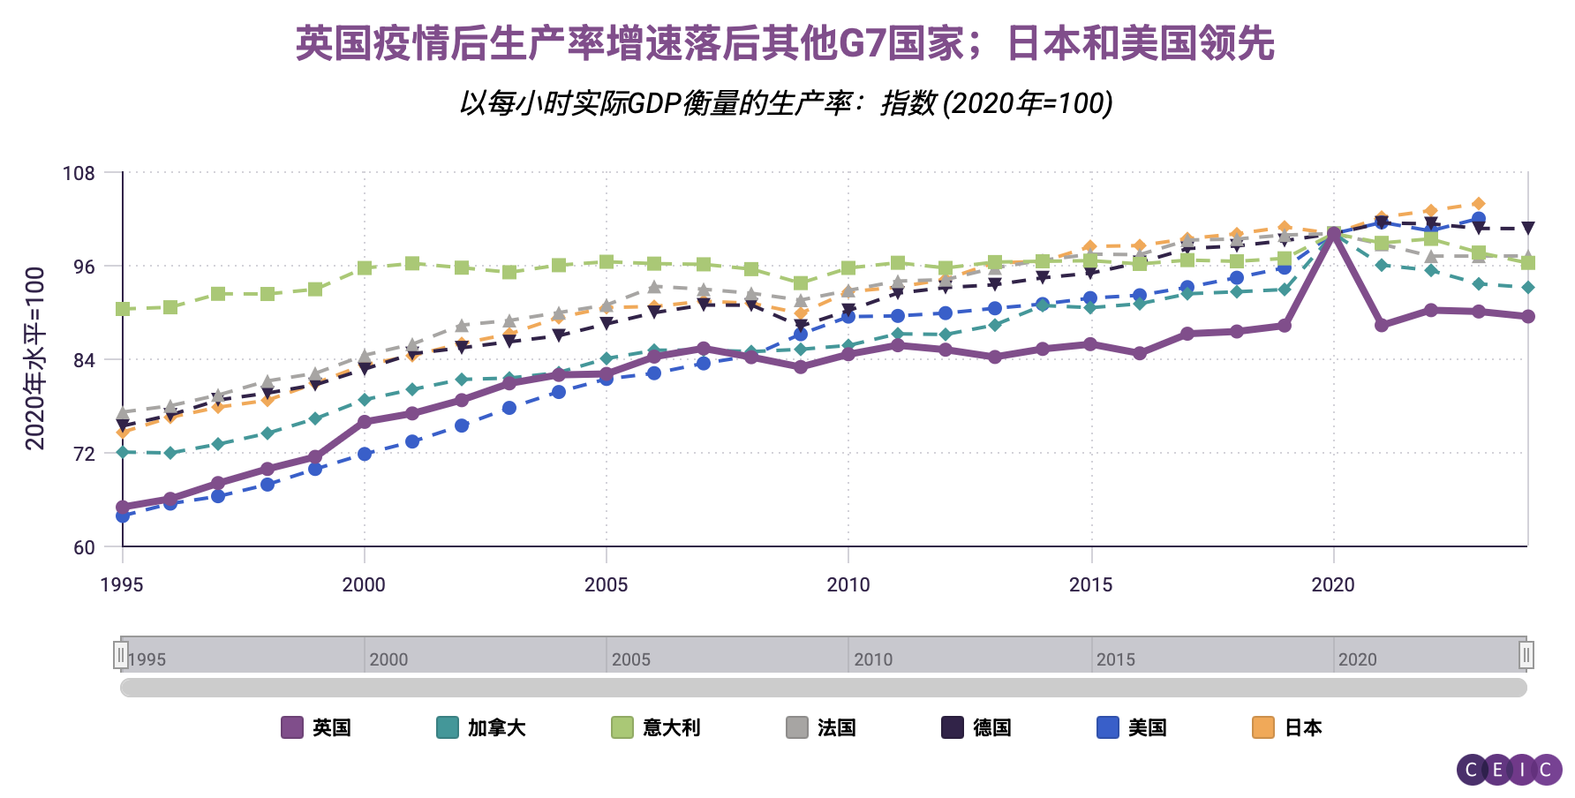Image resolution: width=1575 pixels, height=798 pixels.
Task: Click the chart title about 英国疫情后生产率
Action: [x=785, y=43]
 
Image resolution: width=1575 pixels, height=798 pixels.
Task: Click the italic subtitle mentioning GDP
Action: [x=785, y=103]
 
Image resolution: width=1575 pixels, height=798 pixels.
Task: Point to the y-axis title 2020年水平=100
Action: [x=34, y=358]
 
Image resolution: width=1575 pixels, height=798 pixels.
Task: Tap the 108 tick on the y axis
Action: [x=79, y=173]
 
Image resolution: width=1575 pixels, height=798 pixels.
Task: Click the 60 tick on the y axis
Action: [x=84, y=547]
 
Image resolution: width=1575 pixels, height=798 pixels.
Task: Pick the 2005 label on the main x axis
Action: [x=606, y=584]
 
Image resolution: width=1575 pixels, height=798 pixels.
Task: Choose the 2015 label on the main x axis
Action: [x=1090, y=584]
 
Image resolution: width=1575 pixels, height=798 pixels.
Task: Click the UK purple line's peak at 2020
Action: [x=1333, y=234]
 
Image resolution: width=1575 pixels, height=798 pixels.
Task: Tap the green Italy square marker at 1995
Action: [x=123, y=309]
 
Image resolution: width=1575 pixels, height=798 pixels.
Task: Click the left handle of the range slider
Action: [x=121, y=654]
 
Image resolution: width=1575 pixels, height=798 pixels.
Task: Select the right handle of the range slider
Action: [x=1526, y=654]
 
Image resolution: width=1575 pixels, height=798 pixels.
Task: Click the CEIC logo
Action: [x=1509, y=770]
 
